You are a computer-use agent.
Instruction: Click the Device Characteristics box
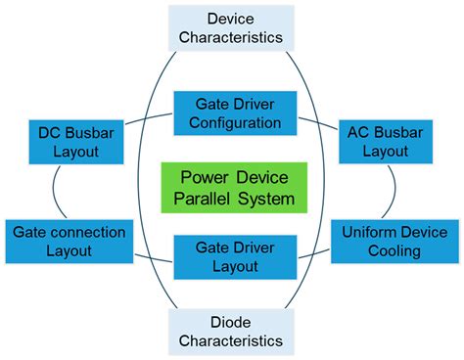[231, 28]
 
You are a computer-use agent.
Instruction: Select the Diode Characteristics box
[231, 332]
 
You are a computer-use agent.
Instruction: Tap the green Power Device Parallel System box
[234, 188]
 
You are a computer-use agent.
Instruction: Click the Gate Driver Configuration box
[235, 113]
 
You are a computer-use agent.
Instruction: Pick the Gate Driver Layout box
[235, 257]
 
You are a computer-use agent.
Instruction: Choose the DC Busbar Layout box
[76, 142]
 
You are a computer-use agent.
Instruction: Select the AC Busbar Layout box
[386, 142]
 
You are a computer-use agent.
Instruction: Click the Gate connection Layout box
[70, 242]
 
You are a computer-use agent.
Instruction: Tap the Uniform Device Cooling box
[394, 242]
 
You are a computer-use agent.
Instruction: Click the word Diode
[231, 322]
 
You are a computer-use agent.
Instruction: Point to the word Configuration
[235, 123]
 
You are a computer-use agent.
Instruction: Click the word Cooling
[394, 251]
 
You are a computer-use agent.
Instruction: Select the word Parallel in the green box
[202, 199]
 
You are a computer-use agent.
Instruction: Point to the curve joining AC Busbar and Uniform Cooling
[394, 191]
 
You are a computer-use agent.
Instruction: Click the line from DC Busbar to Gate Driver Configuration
[149, 117]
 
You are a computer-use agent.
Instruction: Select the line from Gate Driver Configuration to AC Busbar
[318, 123]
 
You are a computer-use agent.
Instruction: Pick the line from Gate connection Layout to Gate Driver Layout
[154, 258]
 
